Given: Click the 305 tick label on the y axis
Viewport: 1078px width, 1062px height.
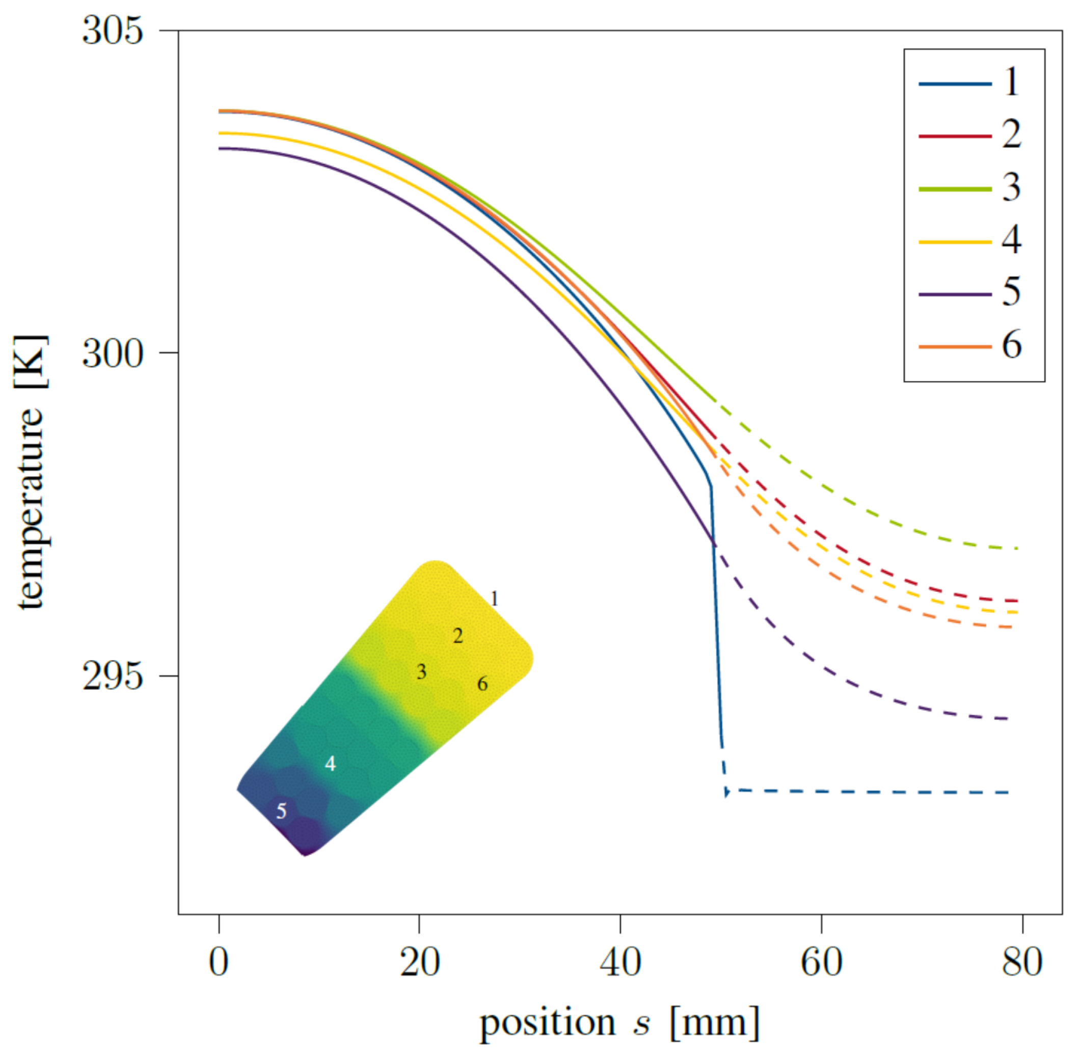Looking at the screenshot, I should pyautogui.click(x=112, y=31).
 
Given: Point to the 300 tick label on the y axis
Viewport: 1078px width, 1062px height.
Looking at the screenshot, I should pyautogui.click(x=112, y=353).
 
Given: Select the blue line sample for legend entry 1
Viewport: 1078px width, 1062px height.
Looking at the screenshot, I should pyautogui.click(x=955, y=84).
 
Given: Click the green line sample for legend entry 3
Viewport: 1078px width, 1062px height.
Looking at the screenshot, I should pyautogui.click(x=955, y=189).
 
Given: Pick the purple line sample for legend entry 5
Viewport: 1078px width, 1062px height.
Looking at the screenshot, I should pyautogui.click(x=955, y=294).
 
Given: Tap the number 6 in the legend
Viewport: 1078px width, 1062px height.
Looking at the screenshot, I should pyautogui.click(x=1012, y=345).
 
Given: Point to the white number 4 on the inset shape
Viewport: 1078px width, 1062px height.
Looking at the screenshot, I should pyautogui.click(x=330, y=764).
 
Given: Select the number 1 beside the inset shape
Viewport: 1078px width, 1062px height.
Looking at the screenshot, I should pyautogui.click(x=494, y=599).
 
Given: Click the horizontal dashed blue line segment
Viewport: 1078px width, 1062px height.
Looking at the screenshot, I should pyautogui.click(x=871, y=792).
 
